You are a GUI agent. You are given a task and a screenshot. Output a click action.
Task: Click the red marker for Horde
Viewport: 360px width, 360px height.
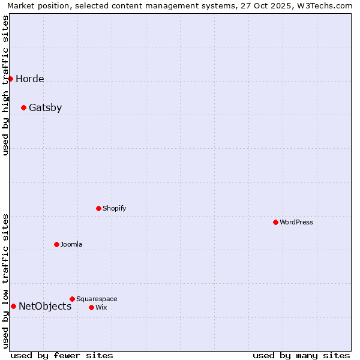pos(10,79)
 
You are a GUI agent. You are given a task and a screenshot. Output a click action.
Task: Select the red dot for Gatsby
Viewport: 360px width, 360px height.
pos(23,108)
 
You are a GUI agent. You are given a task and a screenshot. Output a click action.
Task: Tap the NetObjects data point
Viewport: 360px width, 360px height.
pos(13,306)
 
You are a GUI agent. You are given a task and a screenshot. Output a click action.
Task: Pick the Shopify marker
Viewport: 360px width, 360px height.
pos(98,208)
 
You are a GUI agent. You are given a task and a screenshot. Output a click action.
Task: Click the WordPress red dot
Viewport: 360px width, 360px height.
pos(275,222)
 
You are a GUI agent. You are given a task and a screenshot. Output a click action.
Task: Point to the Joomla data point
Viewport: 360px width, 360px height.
pos(56,244)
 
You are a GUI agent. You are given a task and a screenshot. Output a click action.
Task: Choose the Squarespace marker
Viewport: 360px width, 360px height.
pos(72,299)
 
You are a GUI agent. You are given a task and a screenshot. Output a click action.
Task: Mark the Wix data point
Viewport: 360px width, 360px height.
pos(91,307)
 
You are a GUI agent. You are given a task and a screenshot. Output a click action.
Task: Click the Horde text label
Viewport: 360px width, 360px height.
pos(30,79)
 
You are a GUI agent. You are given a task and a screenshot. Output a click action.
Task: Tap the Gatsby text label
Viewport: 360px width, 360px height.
pos(46,108)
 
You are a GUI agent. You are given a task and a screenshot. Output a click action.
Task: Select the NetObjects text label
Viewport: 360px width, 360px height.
pos(45,307)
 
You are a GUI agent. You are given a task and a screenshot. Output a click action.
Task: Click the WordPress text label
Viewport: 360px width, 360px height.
pos(296,223)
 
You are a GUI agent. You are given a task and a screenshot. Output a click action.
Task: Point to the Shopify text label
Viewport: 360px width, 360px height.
pos(115,209)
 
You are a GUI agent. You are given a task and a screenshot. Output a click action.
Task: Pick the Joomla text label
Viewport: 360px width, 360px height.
pos(71,245)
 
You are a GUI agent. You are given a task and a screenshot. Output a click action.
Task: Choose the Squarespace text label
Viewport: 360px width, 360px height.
pos(97,299)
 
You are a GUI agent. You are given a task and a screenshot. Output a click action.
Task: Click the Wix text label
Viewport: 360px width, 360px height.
pos(101,308)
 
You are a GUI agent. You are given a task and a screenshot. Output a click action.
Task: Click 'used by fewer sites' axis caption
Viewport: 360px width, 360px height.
pos(62,355)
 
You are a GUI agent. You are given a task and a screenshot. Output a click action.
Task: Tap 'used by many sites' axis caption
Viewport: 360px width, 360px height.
pos(301,355)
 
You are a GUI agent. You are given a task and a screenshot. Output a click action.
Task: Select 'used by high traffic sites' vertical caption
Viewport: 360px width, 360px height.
pos(6,85)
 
